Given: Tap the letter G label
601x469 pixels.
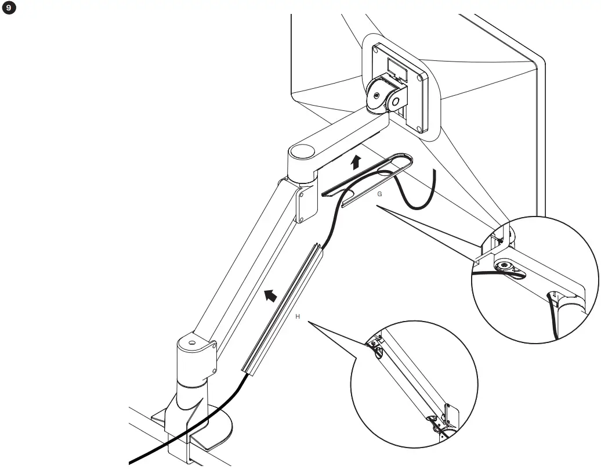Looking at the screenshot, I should tap(379, 194).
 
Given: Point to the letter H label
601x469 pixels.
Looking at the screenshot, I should tap(298, 316).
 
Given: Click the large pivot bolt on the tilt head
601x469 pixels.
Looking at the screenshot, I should tap(378, 94).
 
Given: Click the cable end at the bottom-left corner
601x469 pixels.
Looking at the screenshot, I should tap(132, 463).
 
